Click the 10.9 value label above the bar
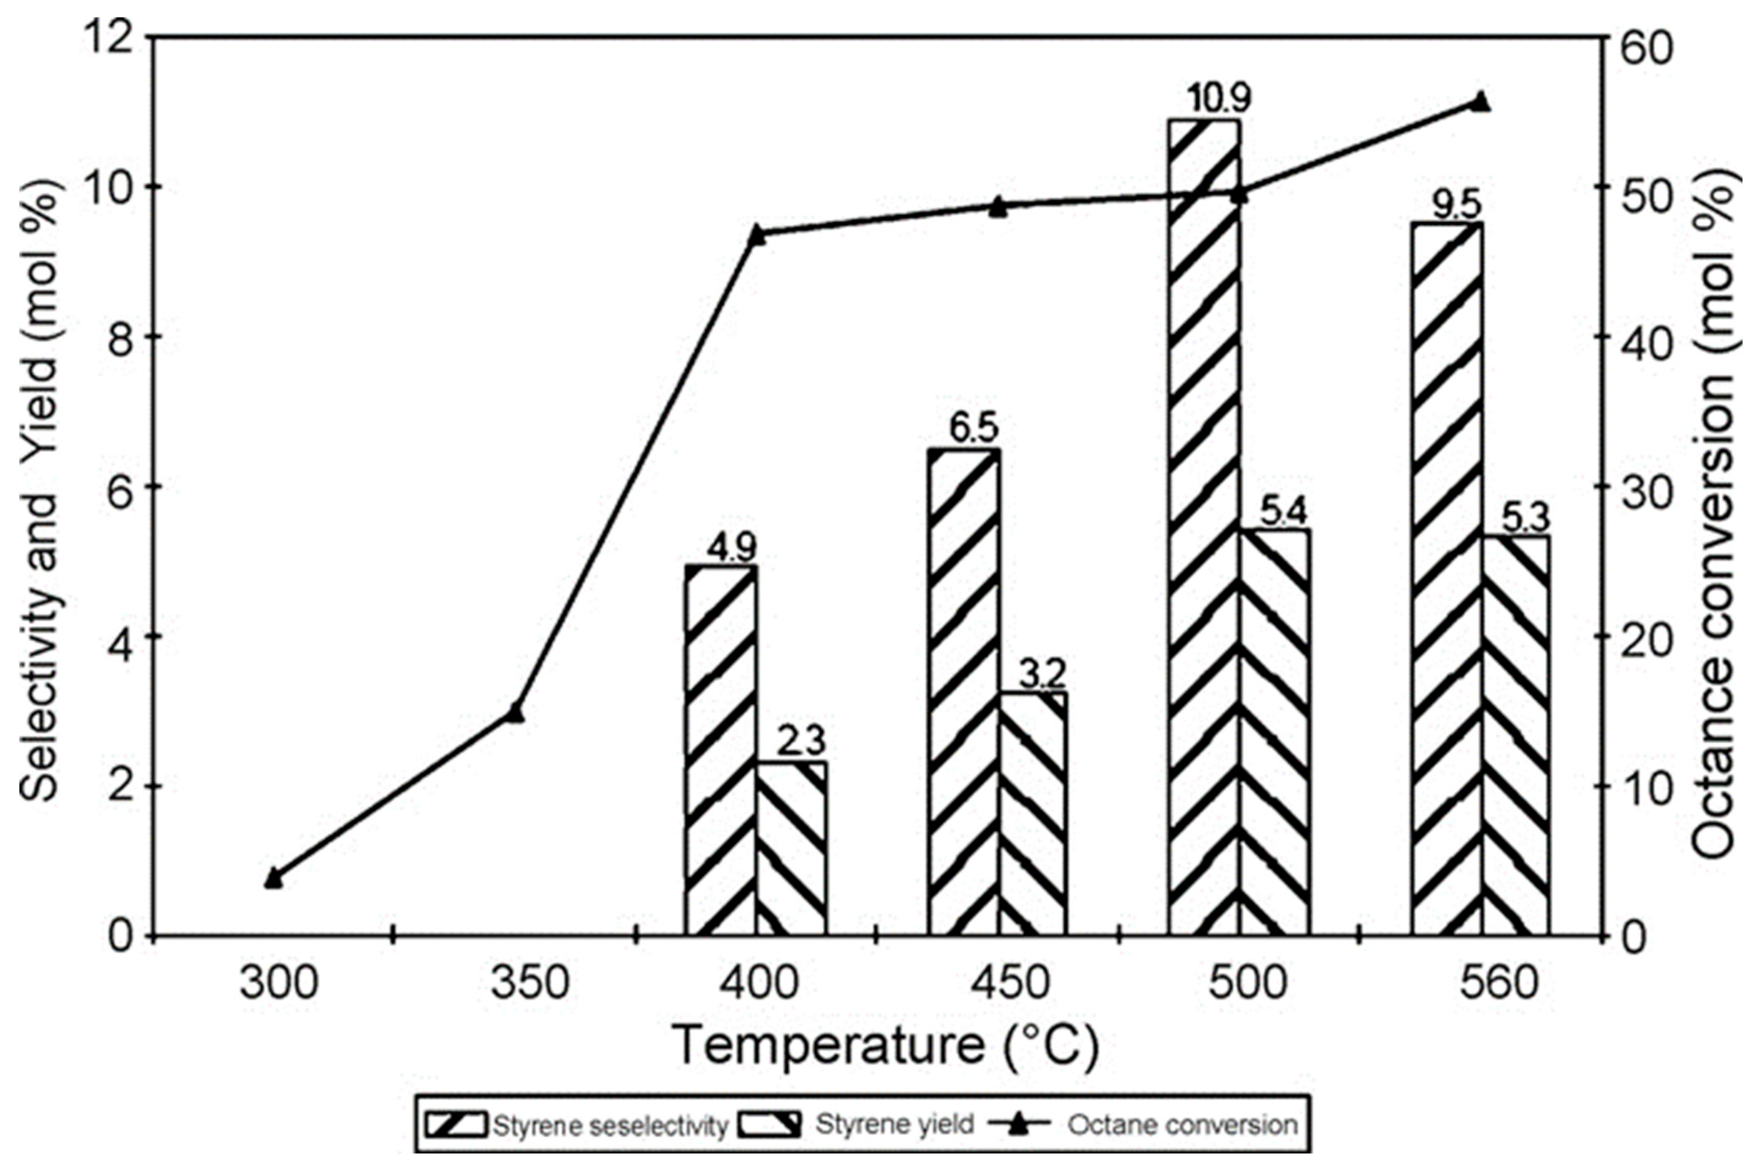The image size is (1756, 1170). pyautogui.click(x=1204, y=99)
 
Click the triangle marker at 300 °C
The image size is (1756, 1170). pyautogui.click(x=273, y=878)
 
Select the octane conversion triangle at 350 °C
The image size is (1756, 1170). pyautogui.click(x=514, y=713)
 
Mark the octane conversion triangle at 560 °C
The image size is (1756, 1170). pyautogui.click(x=1480, y=102)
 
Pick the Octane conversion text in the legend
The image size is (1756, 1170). pyautogui.click(x=1182, y=1125)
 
